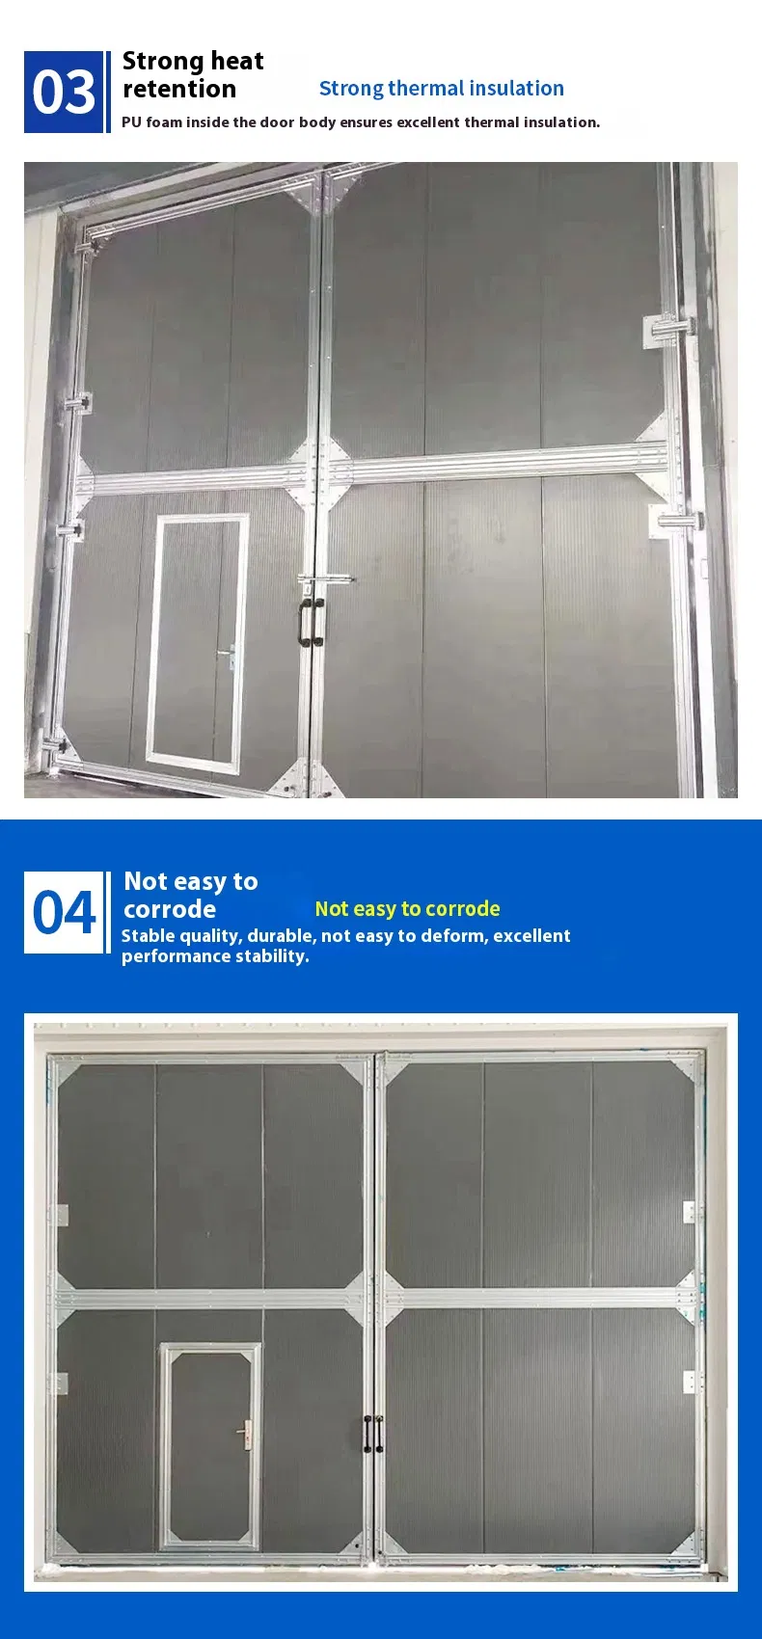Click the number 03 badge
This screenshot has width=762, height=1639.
point(64,93)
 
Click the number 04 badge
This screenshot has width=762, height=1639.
point(64,912)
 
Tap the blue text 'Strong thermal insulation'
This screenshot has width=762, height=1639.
point(441,89)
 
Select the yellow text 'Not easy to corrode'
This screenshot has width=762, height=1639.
point(407,908)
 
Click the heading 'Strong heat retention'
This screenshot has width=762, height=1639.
point(193,74)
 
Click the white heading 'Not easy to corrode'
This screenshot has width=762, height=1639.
point(190,895)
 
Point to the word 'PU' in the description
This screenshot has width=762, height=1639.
point(131,122)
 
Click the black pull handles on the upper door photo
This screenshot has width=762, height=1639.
point(311,622)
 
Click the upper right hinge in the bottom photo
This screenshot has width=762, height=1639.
point(690,1212)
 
